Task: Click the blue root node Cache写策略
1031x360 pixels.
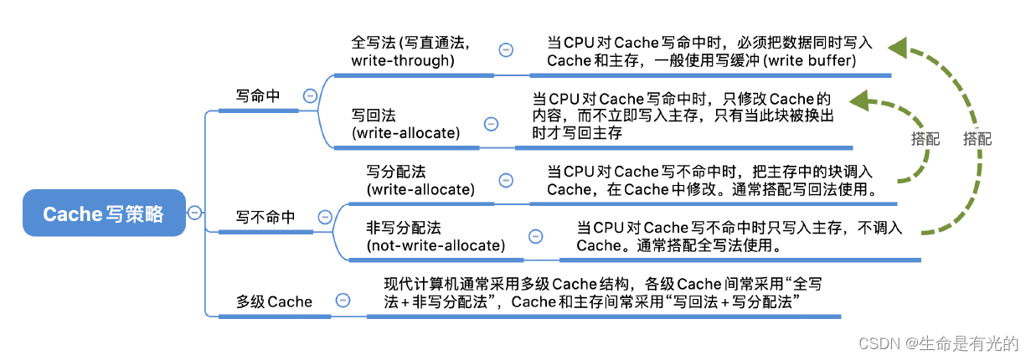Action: (104, 213)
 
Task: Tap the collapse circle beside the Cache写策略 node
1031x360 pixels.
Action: (194, 213)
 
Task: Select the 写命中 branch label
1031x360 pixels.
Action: (257, 96)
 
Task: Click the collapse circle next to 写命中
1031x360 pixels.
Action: (309, 96)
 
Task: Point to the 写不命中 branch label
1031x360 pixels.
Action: (265, 218)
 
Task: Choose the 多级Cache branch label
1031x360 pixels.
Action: (274, 301)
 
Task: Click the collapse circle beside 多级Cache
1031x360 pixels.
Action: (342, 301)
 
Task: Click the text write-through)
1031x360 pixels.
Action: (403, 60)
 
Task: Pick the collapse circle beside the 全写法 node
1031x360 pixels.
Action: (506, 50)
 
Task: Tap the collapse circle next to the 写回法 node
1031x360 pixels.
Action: (491, 124)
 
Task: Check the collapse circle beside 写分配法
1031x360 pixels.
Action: (506, 180)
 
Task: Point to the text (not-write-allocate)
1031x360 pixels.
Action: (436, 245)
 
